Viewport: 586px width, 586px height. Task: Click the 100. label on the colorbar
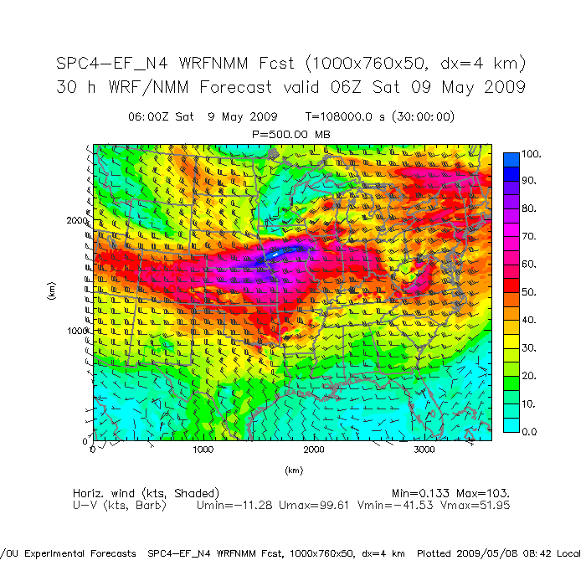532,154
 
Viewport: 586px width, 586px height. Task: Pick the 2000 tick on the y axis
77,220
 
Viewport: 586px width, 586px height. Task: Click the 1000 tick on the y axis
77,331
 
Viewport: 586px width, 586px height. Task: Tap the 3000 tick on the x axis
424,450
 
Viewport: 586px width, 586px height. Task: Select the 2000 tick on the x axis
314,450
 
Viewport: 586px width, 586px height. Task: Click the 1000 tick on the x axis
203,450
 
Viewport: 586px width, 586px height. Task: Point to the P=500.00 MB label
291,133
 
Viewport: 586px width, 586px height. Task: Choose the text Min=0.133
419,493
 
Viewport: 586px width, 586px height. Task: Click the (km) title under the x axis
292,470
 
